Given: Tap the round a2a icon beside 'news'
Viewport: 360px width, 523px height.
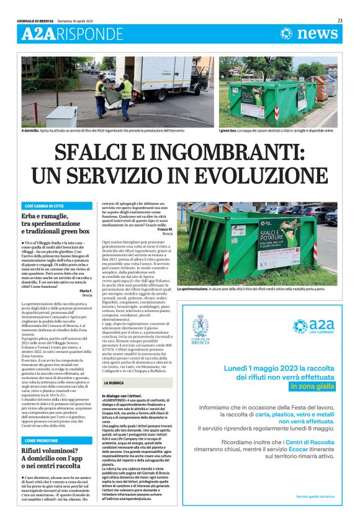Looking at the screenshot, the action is [287, 34].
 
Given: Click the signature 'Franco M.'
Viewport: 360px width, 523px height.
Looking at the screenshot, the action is [165, 229].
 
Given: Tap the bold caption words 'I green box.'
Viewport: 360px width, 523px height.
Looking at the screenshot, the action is [230, 131].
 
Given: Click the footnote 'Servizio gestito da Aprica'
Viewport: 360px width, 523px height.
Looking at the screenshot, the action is [315, 496].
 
